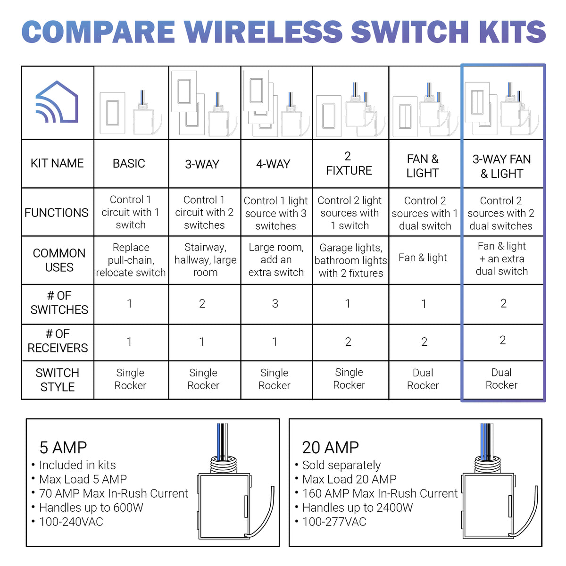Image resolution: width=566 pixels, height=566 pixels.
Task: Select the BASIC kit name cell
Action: point(129,164)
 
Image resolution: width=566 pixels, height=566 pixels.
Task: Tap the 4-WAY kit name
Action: point(273,164)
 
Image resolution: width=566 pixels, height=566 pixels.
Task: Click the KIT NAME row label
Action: point(57,164)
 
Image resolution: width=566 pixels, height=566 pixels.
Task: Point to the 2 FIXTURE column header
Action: point(349,164)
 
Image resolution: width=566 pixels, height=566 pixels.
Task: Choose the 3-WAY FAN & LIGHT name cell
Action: point(502,166)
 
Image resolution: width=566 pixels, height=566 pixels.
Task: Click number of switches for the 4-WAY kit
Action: point(275,304)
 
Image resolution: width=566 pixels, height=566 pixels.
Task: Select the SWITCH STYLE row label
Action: point(58,380)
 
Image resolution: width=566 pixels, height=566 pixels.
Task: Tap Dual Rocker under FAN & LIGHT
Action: point(423,379)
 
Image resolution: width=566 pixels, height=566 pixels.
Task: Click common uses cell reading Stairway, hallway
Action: point(205,260)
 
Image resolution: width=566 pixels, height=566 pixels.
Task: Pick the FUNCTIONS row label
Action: point(57,213)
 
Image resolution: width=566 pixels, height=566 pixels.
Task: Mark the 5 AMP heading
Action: point(63,447)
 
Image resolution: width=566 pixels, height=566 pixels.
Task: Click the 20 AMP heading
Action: point(330,447)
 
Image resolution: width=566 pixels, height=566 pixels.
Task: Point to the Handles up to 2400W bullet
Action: point(357,508)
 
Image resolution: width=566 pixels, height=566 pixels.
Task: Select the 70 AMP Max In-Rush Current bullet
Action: point(113,493)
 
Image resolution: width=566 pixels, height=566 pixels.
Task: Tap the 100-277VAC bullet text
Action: point(334,522)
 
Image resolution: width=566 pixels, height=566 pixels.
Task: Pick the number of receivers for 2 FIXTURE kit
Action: point(348,342)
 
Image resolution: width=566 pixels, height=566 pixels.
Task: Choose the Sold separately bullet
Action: point(341,465)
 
